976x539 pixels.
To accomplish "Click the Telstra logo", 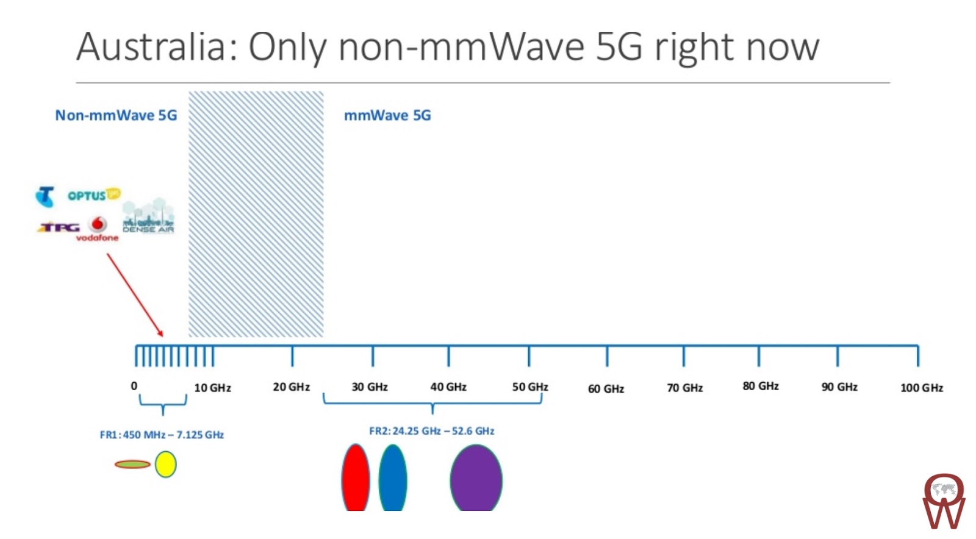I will coord(45,196).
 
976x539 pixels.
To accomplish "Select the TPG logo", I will coord(59,227).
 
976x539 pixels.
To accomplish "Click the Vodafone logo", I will coord(98,229).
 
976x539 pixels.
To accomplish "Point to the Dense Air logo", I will coord(148,216).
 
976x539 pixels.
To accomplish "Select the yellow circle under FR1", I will coord(165,464).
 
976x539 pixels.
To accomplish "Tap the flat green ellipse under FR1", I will coord(132,465).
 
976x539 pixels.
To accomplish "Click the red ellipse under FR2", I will coord(356,479).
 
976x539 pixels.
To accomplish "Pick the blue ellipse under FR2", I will coord(392,479).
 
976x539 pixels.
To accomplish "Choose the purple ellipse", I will coord(476,479).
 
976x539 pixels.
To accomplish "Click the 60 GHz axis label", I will coord(606,389).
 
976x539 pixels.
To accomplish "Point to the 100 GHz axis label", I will coord(921,388).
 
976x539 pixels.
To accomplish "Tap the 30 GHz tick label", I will coord(370,387).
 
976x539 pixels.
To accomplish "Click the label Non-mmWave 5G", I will coord(116,115).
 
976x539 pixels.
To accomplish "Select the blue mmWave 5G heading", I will coord(387,115).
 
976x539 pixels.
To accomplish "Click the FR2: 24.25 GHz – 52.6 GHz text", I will coord(431,431).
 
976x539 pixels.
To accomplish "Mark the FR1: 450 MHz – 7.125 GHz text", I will coord(162,435).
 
